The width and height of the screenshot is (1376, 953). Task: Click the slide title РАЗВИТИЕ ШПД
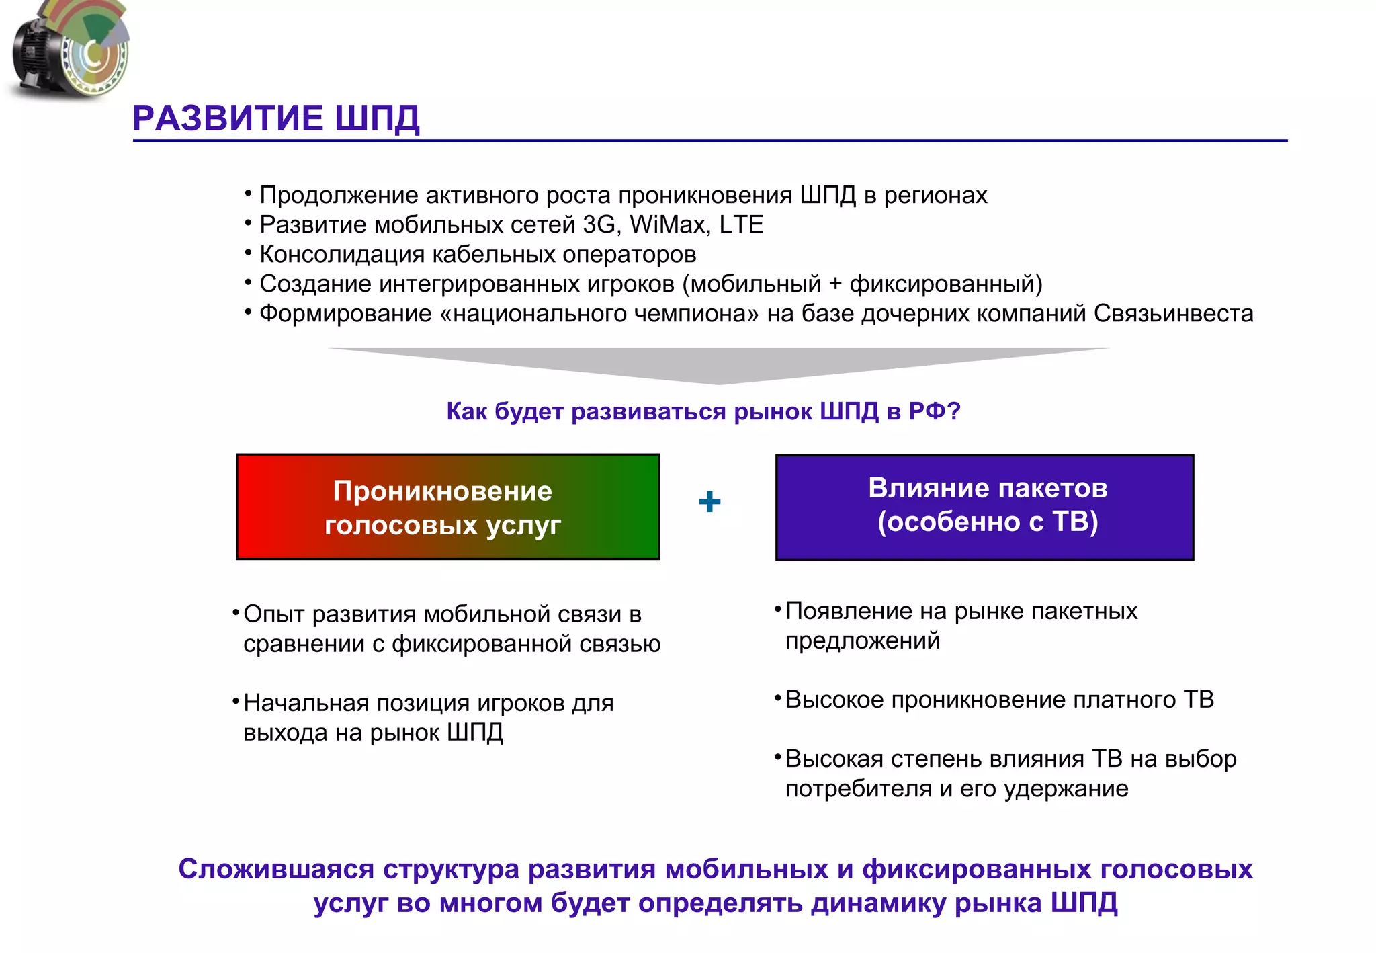point(275,118)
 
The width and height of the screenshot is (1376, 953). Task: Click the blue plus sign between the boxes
point(709,502)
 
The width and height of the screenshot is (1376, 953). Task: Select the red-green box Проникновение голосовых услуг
point(447,507)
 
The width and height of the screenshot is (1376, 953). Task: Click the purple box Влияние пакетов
point(984,507)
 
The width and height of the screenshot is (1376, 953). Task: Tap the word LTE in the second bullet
point(741,224)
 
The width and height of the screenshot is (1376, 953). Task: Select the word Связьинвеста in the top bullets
point(1173,313)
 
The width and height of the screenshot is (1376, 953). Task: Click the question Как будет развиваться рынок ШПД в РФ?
point(703,411)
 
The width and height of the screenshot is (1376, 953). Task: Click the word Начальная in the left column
point(305,703)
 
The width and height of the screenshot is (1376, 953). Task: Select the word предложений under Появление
point(863,640)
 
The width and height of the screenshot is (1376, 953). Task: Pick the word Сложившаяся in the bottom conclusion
point(276,869)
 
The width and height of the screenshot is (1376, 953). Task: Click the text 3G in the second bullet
point(599,224)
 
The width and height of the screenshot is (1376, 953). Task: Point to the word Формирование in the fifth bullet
point(345,313)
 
